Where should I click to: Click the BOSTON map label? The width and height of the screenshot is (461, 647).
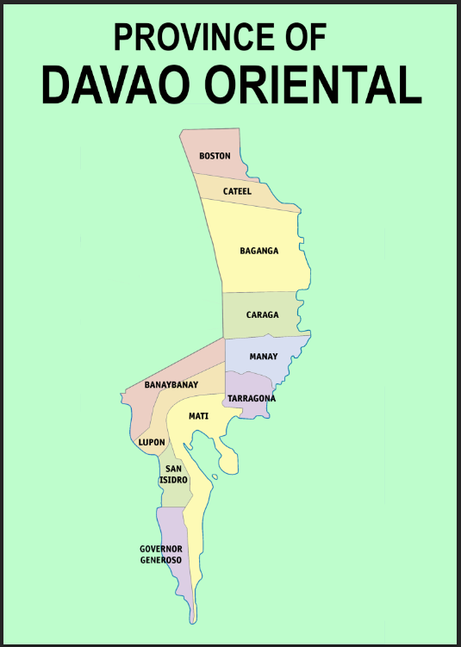coord(215,156)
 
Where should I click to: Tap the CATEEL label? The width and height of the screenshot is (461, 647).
coord(237,191)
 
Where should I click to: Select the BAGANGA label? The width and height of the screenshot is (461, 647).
coord(259,251)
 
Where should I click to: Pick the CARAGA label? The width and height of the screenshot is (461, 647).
coord(262,314)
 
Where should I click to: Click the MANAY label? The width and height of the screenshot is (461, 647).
coord(263,356)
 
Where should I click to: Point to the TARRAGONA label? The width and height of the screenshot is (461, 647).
coord(252,398)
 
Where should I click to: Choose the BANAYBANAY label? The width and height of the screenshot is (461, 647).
coord(171,384)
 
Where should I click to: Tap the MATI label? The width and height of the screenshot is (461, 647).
coord(199,416)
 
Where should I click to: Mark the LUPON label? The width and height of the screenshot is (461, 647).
coord(152,442)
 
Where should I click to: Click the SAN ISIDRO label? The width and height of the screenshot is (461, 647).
coord(173,474)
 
